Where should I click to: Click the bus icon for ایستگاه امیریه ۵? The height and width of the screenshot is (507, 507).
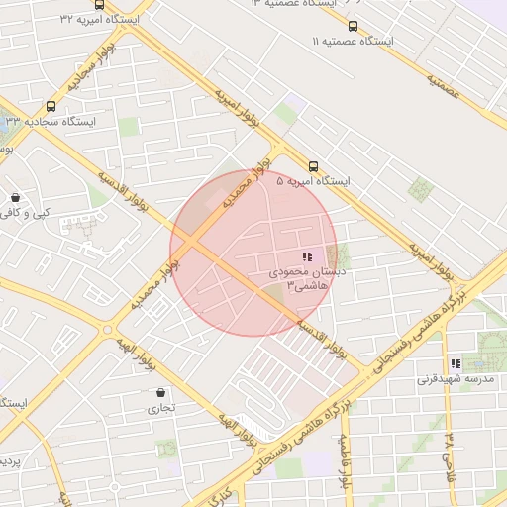coord(314,166)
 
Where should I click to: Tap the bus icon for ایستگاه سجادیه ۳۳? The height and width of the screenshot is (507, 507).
coord(51,106)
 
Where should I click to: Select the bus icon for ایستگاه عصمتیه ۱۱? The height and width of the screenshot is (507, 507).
coord(354,27)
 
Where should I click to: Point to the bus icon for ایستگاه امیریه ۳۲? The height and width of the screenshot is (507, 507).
coord(99,5)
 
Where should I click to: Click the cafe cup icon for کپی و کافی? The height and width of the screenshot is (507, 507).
coord(15,197)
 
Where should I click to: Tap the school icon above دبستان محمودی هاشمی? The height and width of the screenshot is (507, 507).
coord(306,255)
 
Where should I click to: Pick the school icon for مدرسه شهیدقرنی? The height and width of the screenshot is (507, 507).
coord(456,363)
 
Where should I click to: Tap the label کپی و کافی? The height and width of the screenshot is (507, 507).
coord(26,213)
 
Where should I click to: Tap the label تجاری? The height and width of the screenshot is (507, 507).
coord(161,407)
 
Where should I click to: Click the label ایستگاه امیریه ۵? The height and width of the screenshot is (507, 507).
coord(314,182)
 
